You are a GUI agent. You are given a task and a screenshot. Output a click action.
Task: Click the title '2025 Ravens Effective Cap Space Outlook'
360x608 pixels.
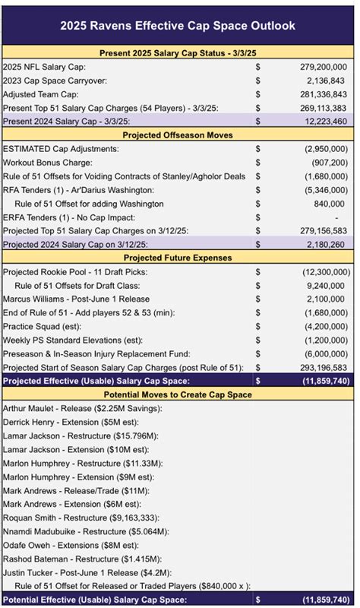click(179, 26)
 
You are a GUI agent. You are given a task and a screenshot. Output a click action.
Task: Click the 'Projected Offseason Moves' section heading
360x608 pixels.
click(179, 135)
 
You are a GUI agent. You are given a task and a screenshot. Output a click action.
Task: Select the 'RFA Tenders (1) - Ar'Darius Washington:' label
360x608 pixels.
click(90, 189)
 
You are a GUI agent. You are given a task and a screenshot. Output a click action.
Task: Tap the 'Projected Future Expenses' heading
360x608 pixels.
click(179, 258)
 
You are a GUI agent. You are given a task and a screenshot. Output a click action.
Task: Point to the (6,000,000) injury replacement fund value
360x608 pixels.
click(322, 354)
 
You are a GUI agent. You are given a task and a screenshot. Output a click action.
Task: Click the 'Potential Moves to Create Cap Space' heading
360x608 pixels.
click(179, 395)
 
